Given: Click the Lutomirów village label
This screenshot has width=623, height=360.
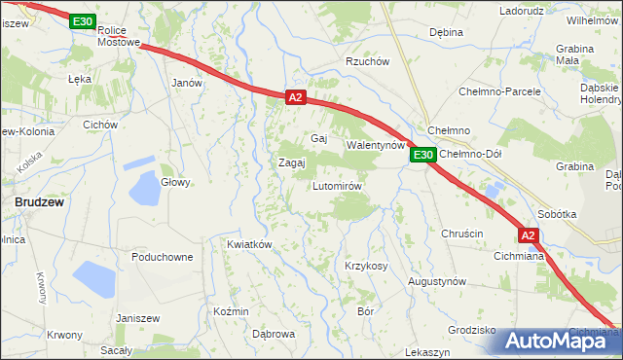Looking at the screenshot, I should pyautogui.click(x=338, y=186).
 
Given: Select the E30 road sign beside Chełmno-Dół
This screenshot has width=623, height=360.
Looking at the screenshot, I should pyautogui.click(x=421, y=155).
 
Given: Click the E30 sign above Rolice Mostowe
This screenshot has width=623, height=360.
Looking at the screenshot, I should pyautogui.click(x=83, y=21).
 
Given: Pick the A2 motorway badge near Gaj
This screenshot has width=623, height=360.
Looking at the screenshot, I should pyautogui.click(x=297, y=97).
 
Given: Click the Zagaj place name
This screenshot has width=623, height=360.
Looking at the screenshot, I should pyautogui.click(x=293, y=162).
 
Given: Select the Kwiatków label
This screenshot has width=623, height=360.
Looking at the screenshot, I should pyautogui.click(x=248, y=244).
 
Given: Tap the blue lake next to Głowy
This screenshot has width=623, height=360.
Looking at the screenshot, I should pyautogui.click(x=144, y=189).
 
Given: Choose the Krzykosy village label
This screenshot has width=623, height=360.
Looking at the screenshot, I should pyautogui.click(x=366, y=266).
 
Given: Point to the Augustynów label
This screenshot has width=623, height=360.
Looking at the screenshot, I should pyautogui.click(x=436, y=280).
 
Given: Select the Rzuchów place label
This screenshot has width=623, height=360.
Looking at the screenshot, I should pyautogui.click(x=368, y=62).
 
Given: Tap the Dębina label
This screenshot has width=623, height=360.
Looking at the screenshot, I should pyautogui.click(x=446, y=32).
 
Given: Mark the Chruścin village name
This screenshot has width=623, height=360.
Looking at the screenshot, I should pyautogui.click(x=461, y=234).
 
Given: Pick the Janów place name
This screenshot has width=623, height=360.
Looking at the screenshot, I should pyautogui.click(x=186, y=83).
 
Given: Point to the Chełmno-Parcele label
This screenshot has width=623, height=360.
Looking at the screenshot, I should pyautogui.click(x=499, y=91).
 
